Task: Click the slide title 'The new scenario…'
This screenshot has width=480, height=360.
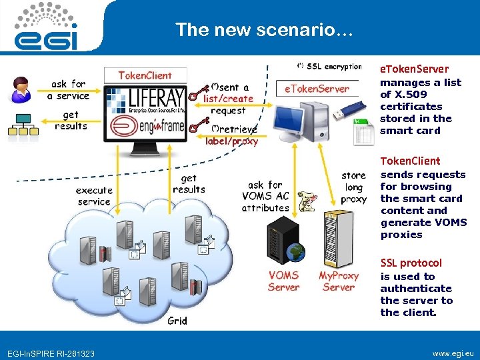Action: click(x=259, y=30)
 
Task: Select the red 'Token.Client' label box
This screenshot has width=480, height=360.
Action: click(x=145, y=75)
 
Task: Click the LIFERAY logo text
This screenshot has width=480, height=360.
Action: click(x=155, y=93)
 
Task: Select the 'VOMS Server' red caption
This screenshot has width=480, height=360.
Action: click(x=283, y=281)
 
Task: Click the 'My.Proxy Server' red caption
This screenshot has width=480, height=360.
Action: click(x=338, y=281)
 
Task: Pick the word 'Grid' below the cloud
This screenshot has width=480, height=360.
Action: click(x=177, y=321)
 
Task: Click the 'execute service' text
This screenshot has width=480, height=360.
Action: click(x=94, y=196)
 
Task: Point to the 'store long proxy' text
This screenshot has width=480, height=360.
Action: click(x=353, y=187)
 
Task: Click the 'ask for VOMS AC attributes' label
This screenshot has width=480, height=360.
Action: click(x=265, y=196)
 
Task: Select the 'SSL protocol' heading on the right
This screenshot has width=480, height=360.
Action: click(x=411, y=263)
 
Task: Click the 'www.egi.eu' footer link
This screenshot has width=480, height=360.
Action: click(x=451, y=352)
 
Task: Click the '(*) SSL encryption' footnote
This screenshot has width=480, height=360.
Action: click(x=329, y=66)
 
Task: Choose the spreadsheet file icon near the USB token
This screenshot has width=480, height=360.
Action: click(x=364, y=134)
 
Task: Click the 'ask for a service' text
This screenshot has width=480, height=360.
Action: click(x=68, y=90)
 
